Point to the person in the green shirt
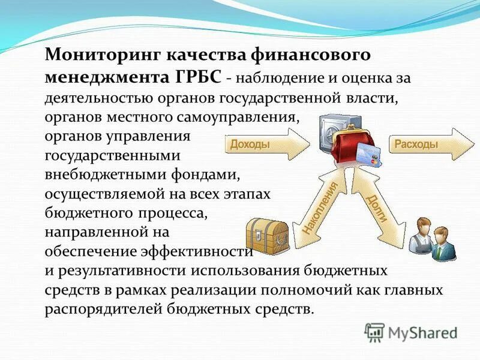(445, 243)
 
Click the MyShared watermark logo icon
(374, 332)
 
